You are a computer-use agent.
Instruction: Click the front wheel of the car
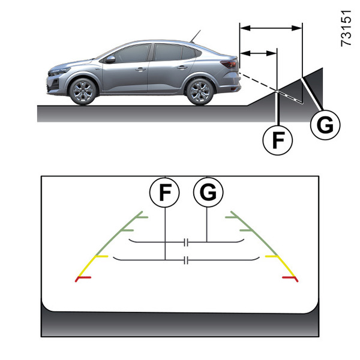pyautogui.click(x=82, y=91)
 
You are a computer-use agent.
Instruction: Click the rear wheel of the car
pyautogui.click(x=199, y=91)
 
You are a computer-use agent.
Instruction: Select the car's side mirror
pyautogui.click(x=110, y=59)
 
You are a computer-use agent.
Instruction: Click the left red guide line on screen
pyautogui.click(x=83, y=278)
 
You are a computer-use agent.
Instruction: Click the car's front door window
pyautogui.click(x=133, y=53)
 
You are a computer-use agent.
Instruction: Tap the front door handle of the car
pyautogui.click(x=140, y=69)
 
